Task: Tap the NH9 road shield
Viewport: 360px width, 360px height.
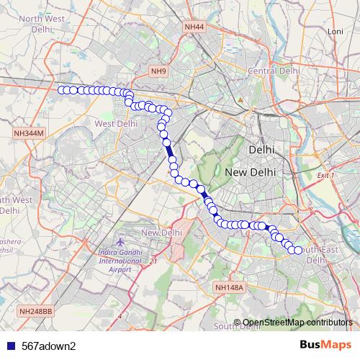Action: tap(158, 71)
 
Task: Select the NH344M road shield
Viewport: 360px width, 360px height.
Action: tap(29, 133)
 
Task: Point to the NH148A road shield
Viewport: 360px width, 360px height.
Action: tap(230, 287)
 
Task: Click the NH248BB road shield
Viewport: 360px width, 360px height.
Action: tap(36, 311)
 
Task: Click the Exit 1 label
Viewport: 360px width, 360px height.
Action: tap(326, 176)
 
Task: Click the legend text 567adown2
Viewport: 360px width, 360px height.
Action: tap(49, 346)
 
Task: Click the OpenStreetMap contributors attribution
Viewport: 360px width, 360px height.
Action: tap(297, 322)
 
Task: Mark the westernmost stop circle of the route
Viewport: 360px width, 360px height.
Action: tap(61, 89)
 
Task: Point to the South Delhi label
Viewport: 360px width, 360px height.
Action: tap(238, 326)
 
